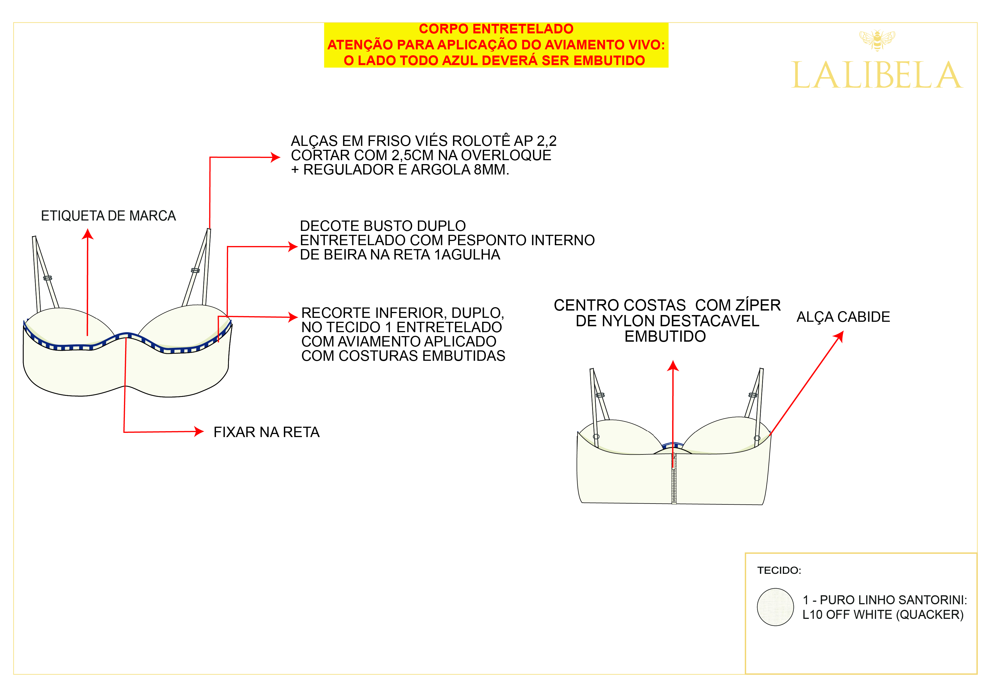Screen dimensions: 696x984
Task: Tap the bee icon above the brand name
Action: coord(877,40)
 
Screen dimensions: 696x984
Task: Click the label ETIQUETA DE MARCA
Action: coord(109,215)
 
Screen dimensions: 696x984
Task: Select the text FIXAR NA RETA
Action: coord(266,432)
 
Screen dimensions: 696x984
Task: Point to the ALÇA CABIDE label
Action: coord(843,317)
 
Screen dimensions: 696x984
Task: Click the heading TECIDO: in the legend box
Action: coord(779,570)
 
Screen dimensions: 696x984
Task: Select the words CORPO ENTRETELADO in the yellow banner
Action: coord(496,29)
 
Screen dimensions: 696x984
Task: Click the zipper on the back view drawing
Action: coord(674,480)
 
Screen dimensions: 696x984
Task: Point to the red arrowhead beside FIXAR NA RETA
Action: coord(199,431)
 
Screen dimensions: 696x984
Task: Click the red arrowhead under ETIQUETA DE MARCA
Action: coord(88,234)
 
